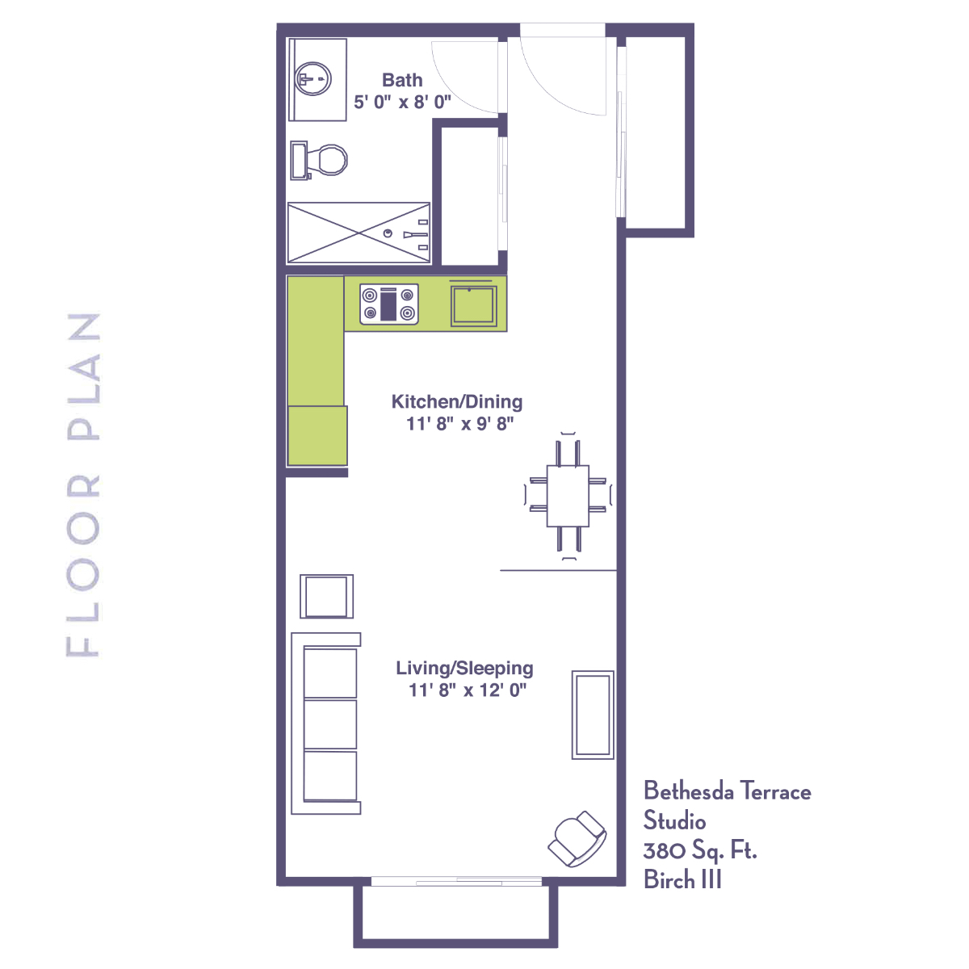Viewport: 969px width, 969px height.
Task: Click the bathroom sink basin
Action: (313, 79)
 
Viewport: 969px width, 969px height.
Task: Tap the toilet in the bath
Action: (319, 161)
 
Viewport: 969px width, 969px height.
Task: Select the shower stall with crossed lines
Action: (359, 233)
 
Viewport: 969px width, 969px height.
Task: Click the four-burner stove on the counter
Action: (389, 304)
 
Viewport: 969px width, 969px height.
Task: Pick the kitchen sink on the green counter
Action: (474, 306)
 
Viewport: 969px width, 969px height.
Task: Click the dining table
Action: (568, 496)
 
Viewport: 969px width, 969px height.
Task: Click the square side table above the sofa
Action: (327, 597)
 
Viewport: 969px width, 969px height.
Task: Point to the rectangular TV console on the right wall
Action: (593, 715)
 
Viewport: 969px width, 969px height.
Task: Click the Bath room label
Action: (402, 80)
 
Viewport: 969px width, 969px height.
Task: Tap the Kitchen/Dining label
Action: (457, 402)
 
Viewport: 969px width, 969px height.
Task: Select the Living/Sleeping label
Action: (464, 668)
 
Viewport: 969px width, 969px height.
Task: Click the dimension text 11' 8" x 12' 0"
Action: (468, 690)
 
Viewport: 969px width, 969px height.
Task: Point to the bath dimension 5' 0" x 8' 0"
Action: (402, 102)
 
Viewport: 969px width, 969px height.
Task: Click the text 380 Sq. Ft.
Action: (700, 851)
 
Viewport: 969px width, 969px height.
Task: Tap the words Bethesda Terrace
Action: (727, 791)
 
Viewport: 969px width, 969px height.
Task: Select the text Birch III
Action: (682, 879)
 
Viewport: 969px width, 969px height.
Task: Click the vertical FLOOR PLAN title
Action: (83, 484)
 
